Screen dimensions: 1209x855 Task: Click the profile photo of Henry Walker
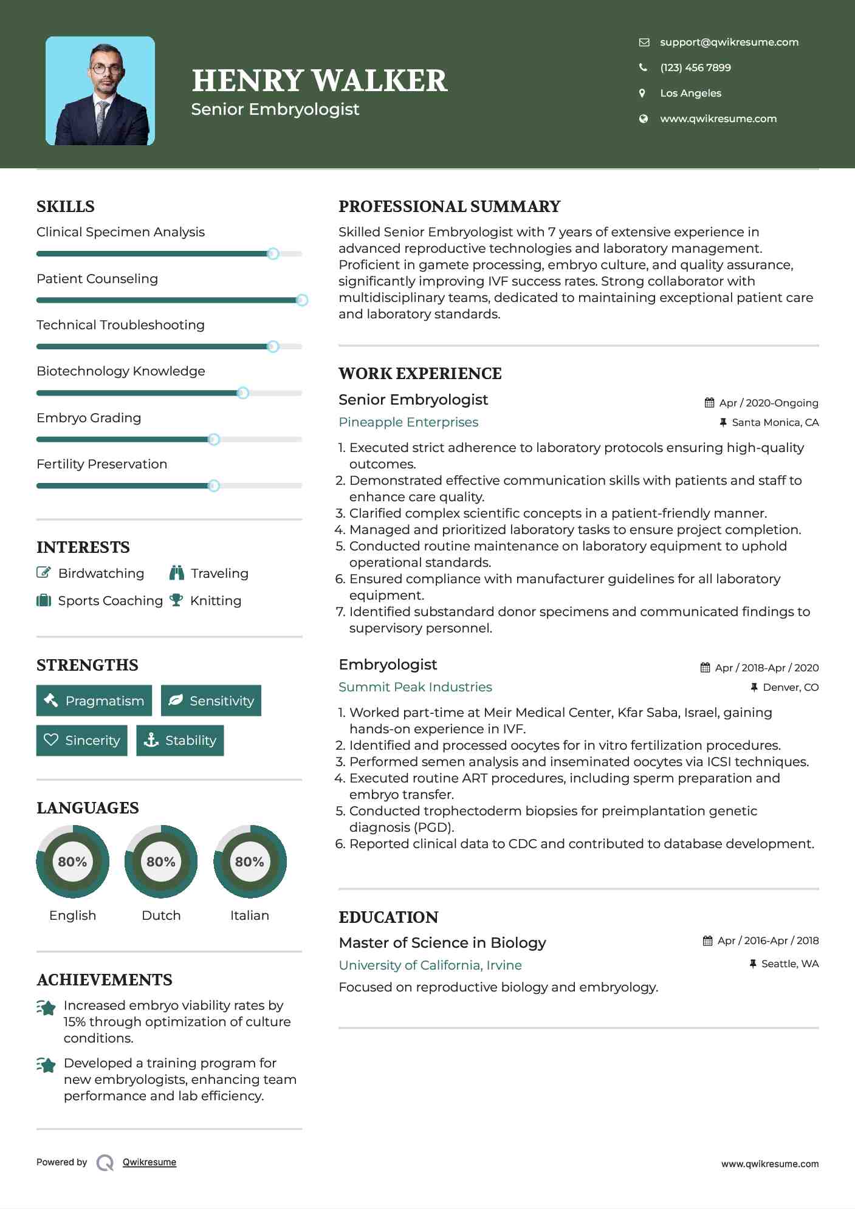click(x=100, y=91)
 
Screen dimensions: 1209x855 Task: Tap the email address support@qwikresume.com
click(x=729, y=43)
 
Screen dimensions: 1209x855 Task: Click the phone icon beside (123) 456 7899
click(x=643, y=67)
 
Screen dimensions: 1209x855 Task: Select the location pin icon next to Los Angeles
click(x=642, y=93)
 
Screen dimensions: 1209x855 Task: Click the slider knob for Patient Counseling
click(x=301, y=300)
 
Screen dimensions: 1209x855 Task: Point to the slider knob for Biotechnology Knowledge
click(x=242, y=393)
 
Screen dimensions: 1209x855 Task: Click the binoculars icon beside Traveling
click(x=177, y=573)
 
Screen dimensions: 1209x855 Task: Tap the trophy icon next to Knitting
click(x=176, y=600)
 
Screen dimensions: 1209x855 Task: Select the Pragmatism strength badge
click(x=94, y=700)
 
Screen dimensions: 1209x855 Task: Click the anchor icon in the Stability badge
click(x=151, y=740)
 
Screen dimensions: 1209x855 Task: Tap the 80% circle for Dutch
click(x=161, y=861)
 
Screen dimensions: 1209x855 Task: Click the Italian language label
click(x=249, y=915)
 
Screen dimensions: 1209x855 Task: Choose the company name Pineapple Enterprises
click(x=408, y=422)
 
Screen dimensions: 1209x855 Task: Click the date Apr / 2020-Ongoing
click(x=768, y=403)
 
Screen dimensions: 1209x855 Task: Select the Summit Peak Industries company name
click(x=415, y=687)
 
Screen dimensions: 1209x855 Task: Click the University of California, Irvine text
click(x=430, y=965)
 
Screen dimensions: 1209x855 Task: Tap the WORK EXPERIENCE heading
click(x=420, y=374)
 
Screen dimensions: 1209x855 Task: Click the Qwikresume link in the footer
click(x=149, y=1162)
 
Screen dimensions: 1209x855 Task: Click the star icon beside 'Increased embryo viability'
click(x=46, y=1008)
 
